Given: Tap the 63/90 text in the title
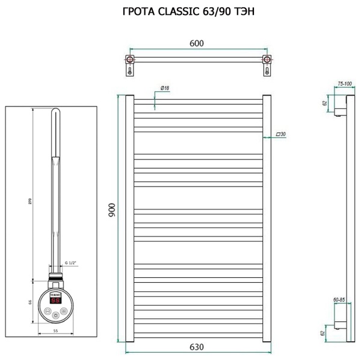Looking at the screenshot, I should tap(221, 11).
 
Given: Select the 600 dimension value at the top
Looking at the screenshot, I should tap(197, 43).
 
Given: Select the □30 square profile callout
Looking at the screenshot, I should tap(280, 134).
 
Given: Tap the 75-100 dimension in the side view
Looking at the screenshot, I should tap(345, 84).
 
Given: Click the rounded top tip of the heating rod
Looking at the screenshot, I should tap(55, 112).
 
